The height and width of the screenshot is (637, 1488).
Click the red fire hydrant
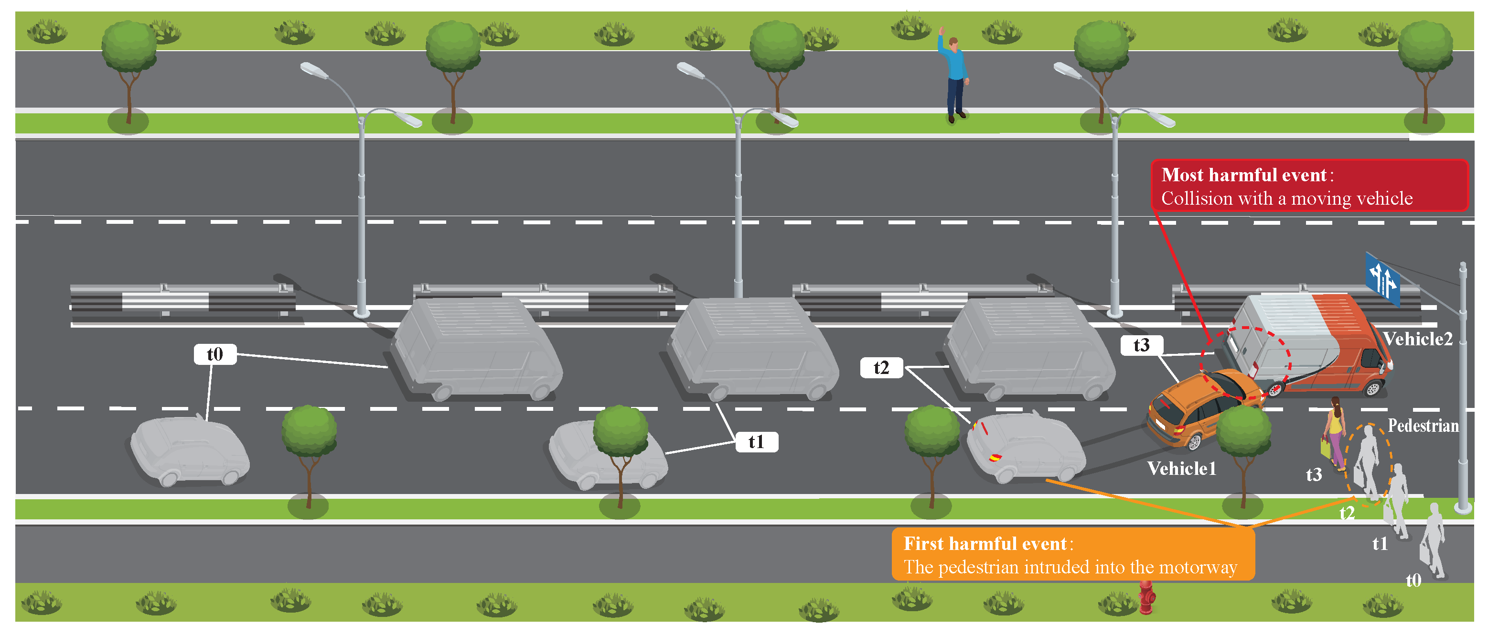[x=1146, y=598]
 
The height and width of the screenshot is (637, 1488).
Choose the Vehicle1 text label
[x=1181, y=468]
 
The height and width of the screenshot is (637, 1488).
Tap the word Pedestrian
[x=1423, y=426]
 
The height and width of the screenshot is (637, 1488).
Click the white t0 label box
[x=215, y=354]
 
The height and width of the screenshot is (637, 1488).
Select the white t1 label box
[x=756, y=442]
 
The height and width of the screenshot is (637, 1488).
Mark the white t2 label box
[x=881, y=368]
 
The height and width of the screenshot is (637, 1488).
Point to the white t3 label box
[x=1141, y=345]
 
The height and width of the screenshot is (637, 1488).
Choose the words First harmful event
[x=985, y=544]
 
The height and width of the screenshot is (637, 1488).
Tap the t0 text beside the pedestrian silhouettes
[x=1413, y=580]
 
